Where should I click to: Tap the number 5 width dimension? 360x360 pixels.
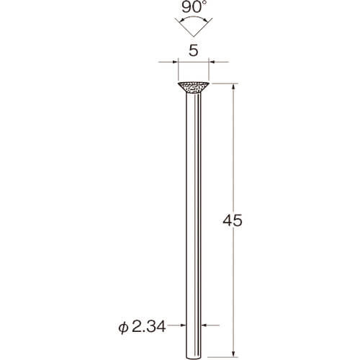pos(194,50)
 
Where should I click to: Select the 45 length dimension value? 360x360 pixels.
pos(233,221)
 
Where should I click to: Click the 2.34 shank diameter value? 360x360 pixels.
pos(148,327)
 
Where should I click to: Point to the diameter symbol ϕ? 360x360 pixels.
pos(123,328)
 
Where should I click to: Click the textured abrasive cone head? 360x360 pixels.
pos(194,88)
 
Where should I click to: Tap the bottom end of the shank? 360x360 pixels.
pos(194,359)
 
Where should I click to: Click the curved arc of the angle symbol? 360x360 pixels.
pos(194,18)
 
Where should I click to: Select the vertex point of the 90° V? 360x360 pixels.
pos(194,37)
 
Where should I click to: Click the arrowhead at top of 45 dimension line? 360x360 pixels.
pos(233,86)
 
